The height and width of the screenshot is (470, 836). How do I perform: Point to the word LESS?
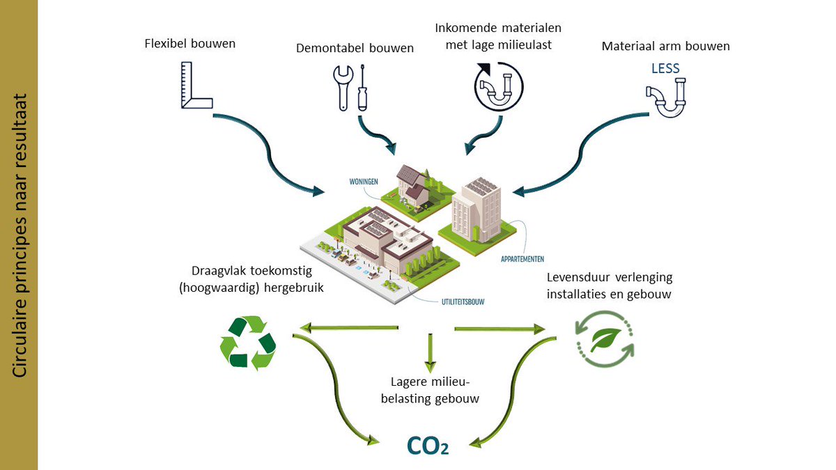[665, 68]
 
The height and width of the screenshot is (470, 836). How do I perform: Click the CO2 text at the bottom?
[428, 446]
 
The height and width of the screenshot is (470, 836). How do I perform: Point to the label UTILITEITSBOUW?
[463, 302]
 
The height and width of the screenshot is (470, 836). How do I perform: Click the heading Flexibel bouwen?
[189, 44]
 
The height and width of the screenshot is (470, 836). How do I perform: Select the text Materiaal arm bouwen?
[665, 47]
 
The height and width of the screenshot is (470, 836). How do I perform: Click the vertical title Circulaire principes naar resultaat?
[20, 235]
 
